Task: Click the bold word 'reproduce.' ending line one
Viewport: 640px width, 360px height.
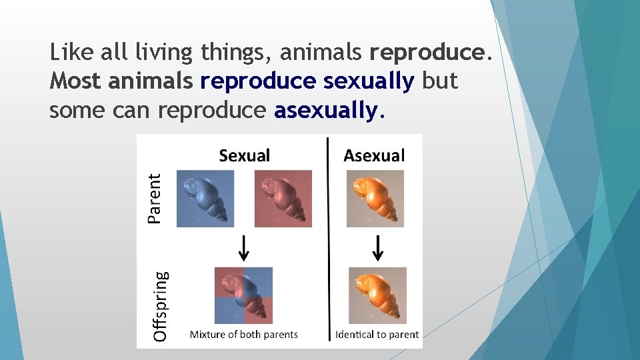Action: (x=430, y=52)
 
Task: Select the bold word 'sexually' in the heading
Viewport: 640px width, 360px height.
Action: (x=369, y=81)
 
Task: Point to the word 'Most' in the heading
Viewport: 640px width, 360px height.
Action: (x=75, y=81)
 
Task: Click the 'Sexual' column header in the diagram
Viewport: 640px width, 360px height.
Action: (x=245, y=156)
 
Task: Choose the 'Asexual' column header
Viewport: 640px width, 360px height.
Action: (x=374, y=156)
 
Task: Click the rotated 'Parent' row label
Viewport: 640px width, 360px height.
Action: (x=155, y=198)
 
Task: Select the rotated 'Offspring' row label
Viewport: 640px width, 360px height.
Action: (x=161, y=305)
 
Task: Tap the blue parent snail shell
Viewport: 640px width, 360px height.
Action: (x=205, y=199)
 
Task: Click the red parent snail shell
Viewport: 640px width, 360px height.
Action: (x=283, y=199)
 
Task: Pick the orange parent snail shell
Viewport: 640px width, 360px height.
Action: (x=375, y=198)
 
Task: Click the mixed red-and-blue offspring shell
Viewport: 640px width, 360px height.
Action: (x=243, y=295)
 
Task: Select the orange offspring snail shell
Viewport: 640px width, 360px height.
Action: (x=377, y=295)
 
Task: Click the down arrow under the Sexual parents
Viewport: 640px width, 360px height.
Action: (x=245, y=248)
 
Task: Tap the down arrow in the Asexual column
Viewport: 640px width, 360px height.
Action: (x=378, y=248)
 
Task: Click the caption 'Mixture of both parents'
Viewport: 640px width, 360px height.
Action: (x=244, y=335)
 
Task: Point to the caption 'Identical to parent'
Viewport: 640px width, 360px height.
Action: (x=377, y=335)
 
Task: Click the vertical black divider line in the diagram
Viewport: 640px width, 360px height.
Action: (x=328, y=240)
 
